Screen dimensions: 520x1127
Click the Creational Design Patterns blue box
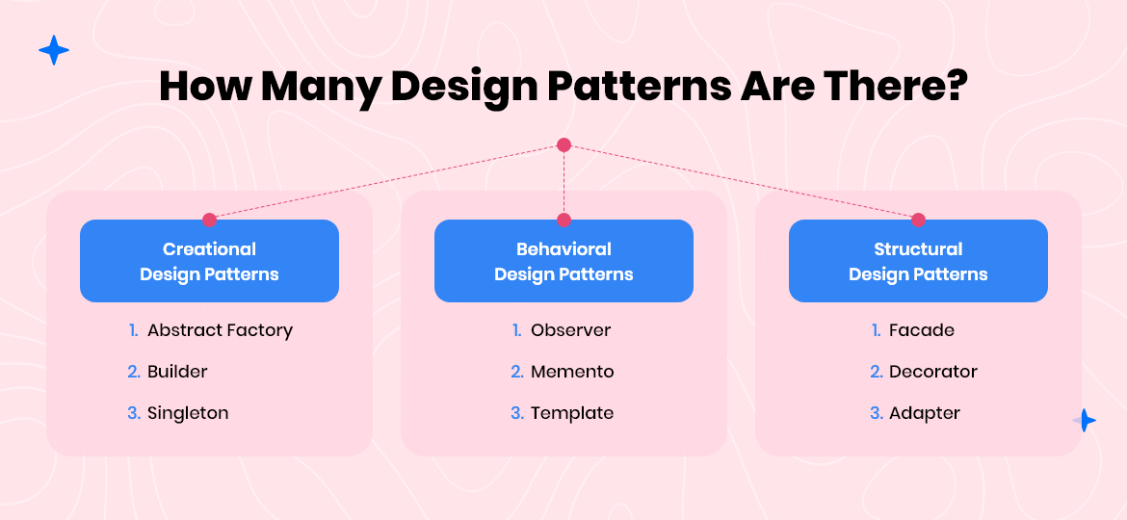pos(209,261)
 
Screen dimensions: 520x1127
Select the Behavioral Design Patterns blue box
pos(563,261)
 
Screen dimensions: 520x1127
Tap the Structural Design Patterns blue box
pos(918,261)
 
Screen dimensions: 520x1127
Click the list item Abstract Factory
pos(220,330)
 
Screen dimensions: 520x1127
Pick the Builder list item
pos(177,372)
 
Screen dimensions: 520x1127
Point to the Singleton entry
pos(188,413)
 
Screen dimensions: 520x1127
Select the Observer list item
pos(570,330)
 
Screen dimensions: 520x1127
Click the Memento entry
pos(572,372)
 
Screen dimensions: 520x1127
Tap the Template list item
pos(572,413)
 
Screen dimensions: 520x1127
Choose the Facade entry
pos(922,330)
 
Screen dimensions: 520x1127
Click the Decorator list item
pos(933,372)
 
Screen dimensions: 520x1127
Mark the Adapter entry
pos(925,413)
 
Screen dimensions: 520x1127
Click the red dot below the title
pos(563,145)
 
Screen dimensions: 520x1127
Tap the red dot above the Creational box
pos(209,220)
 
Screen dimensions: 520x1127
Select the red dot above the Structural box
pos(918,220)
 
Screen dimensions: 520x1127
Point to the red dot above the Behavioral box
pos(563,220)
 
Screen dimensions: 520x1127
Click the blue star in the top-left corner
pos(54,50)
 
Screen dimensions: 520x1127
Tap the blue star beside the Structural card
pos(1085,420)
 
